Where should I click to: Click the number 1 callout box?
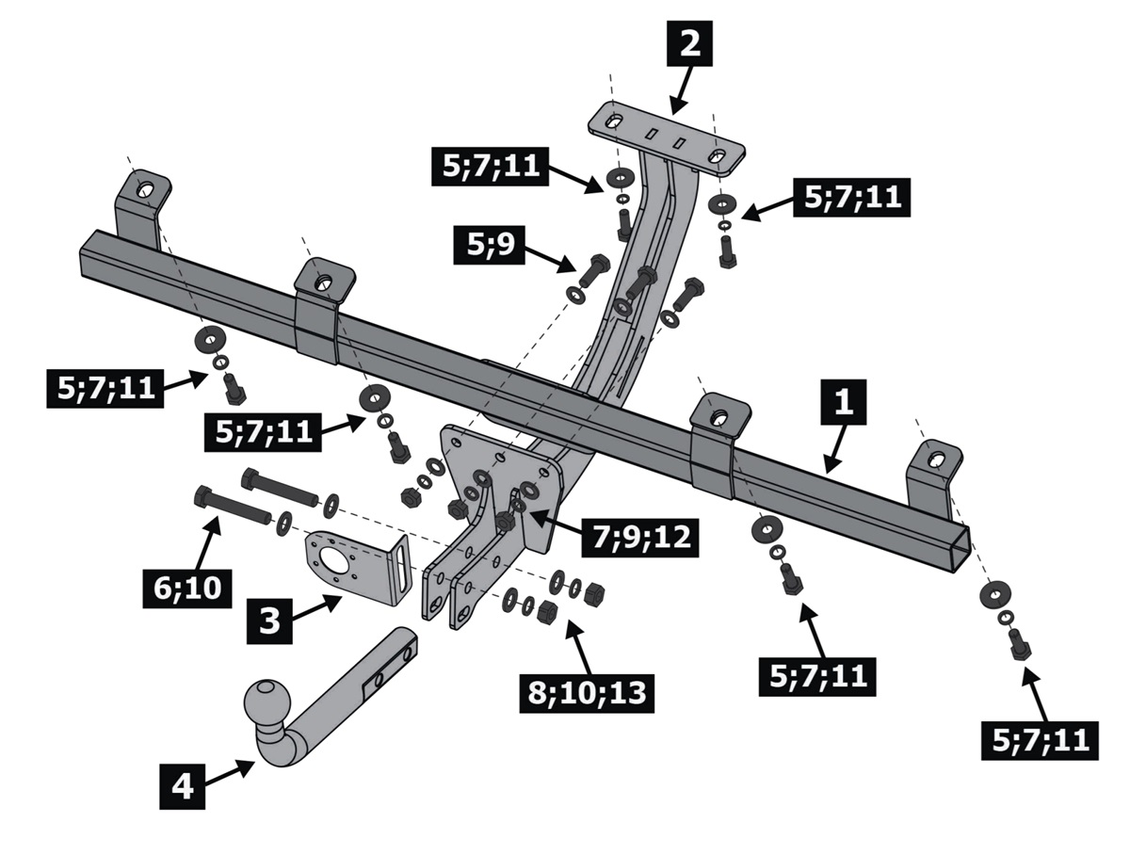[844, 404]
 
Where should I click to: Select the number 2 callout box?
[690, 45]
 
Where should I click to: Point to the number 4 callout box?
[182, 785]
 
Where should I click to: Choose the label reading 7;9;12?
[641, 536]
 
